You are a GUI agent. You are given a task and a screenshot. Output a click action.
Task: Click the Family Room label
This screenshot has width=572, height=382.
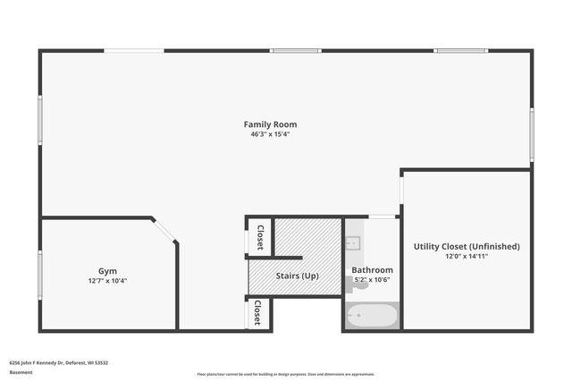click(x=270, y=124)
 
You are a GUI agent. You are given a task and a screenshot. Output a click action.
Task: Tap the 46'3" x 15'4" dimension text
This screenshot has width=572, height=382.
click(x=270, y=134)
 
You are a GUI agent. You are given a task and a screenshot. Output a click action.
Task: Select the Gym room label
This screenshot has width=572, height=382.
click(x=107, y=271)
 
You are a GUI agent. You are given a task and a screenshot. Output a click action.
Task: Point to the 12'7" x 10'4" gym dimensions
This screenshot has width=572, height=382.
click(x=107, y=281)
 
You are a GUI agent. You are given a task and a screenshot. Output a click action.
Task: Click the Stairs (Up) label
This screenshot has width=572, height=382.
click(x=298, y=276)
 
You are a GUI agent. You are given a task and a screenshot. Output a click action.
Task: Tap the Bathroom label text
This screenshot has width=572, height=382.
click(x=372, y=269)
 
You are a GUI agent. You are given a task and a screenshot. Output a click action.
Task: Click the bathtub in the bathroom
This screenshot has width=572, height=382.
click(x=372, y=316)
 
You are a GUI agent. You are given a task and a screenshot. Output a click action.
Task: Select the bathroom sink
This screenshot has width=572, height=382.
click(x=352, y=242)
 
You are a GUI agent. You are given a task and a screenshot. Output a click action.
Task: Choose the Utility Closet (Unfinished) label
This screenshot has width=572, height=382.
click(x=467, y=246)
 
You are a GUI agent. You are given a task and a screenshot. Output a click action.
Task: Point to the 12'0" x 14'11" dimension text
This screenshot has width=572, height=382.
click(x=467, y=256)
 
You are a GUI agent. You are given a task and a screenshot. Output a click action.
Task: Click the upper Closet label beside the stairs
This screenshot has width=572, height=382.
click(x=260, y=237)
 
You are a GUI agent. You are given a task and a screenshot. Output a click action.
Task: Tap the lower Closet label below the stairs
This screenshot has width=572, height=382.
click(x=257, y=312)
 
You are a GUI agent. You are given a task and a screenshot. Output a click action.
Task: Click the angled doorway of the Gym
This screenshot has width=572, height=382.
click(x=164, y=229)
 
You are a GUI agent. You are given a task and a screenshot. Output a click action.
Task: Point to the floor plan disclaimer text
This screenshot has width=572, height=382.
click(x=286, y=374)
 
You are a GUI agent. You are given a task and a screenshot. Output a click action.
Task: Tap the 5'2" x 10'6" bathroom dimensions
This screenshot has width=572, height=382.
click(x=372, y=279)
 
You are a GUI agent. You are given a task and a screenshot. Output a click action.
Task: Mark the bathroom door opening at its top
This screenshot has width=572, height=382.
click(x=383, y=216)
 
